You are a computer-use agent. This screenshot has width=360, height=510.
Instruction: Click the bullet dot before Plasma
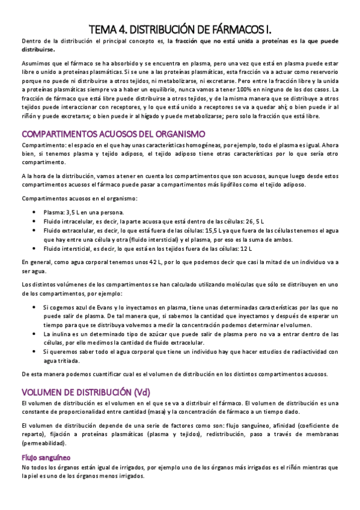36,212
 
